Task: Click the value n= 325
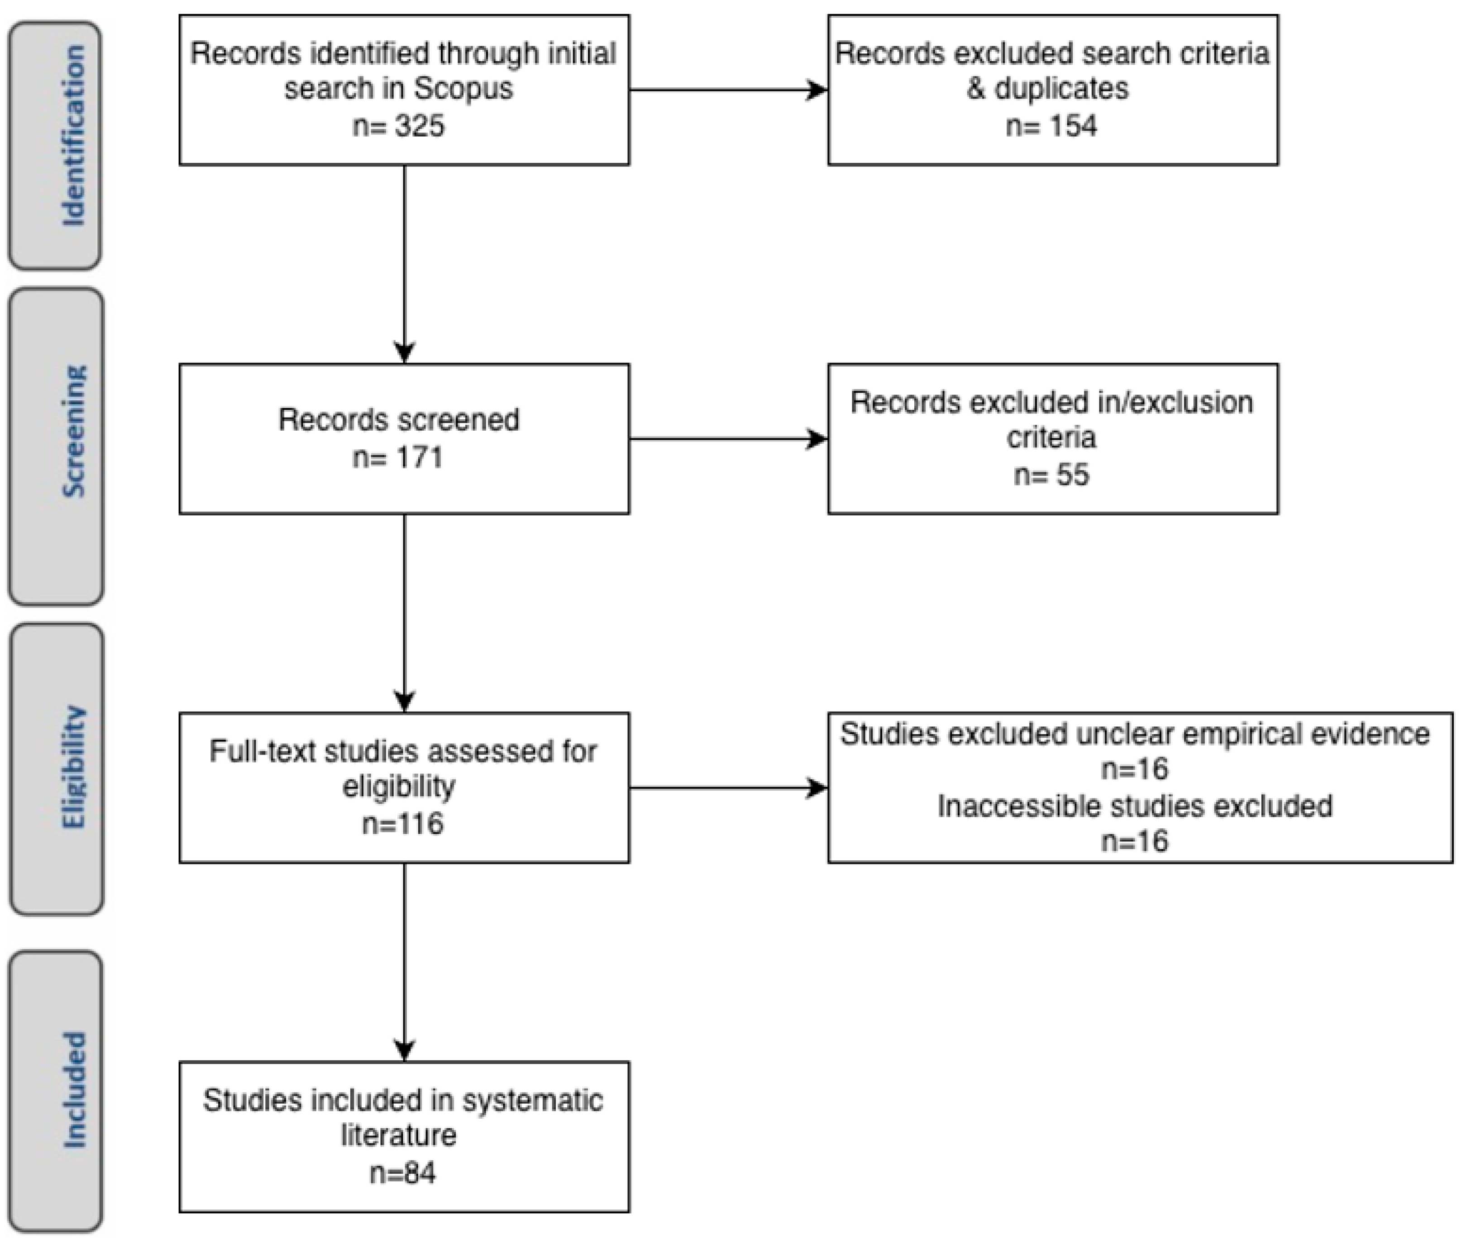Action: (x=398, y=126)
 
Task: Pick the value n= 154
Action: (x=1051, y=126)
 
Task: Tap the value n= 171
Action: (x=398, y=458)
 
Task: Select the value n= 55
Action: (x=1051, y=475)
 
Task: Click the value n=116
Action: (x=403, y=823)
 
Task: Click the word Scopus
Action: (x=463, y=89)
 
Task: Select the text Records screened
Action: (x=398, y=420)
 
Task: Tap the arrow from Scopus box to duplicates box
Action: (x=729, y=90)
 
